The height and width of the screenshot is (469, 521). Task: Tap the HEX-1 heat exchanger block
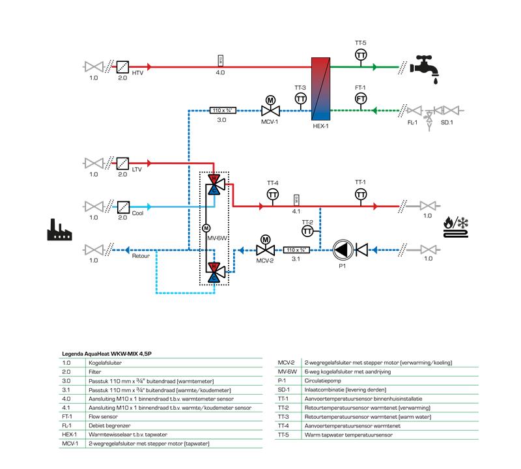[x=321, y=89]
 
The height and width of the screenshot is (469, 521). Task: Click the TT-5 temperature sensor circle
[x=360, y=55]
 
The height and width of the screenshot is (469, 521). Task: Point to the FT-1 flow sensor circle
[x=360, y=98]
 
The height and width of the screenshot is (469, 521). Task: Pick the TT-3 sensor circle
[x=300, y=98]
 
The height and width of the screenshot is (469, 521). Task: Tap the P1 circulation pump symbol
[x=341, y=249]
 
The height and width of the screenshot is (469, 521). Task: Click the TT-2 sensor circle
[x=308, y=232]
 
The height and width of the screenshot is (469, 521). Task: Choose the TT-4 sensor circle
[x=273, y=195]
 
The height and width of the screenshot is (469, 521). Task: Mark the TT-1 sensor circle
[x=360, y=194]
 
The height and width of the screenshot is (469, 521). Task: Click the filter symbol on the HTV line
[x=122, y=67]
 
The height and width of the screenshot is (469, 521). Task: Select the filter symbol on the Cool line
[x=122, y=206]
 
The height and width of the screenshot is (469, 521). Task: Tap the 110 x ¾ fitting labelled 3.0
[x=221, y=110]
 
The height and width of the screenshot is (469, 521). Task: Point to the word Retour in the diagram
[x=141, y=257]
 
